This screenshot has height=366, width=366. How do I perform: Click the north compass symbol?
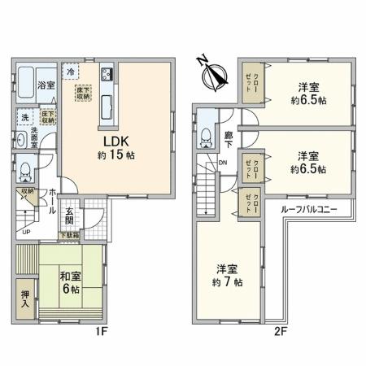click(x=212, y=74)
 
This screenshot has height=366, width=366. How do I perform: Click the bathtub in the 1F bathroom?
click(x=24, y=83)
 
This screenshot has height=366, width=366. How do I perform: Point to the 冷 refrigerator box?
click(x=72, y=71)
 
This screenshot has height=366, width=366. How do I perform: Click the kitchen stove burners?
click(x=107, y=76)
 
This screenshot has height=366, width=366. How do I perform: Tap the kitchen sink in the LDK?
click(x=107, y=104)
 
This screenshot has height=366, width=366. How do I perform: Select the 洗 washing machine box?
click(x=24, y=117)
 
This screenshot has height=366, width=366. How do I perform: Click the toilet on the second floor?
click(x=207, y=133)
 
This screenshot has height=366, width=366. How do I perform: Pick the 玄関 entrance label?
click(x=70, y=214)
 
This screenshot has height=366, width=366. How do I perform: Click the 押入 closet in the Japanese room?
click(x=25, y=293)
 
